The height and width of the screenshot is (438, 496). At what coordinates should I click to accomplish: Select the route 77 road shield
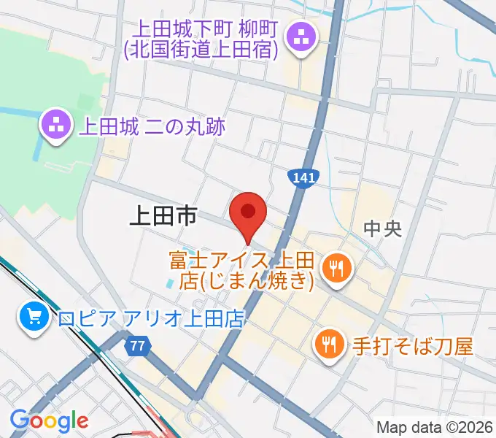pyautogui.click(x=136, y=346)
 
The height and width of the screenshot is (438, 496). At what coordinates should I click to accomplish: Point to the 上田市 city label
pyautogui.click(x=163, y=215)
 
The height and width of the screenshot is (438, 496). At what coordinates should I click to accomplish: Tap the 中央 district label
pyautogui.click(x=382, y=230)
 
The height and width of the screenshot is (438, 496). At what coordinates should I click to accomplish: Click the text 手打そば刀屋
pyautogui.click(x=411, y=343)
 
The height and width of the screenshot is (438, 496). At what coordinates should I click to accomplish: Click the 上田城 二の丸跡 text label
pyautogui.click(x=152, y=126)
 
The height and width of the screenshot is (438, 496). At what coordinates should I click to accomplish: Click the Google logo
pyautogui.click(x=49, y=420)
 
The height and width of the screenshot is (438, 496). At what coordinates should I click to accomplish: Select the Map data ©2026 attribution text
pyautogui.click(x=434, y=427)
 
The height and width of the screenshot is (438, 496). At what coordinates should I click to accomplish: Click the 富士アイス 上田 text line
pyautogui.click(x=241, y=260)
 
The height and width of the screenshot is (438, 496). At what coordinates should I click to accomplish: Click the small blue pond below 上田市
pyautogui.click(x=170, y=280)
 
